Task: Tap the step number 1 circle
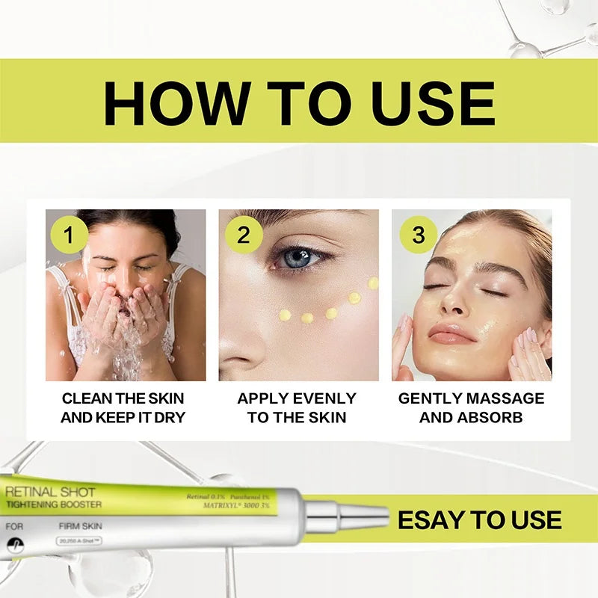click(69, 235)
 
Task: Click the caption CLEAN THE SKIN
click(123, 398)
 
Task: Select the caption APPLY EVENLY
click(297, 398)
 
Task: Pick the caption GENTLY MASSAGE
click(471, 398)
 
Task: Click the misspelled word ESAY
click(434, 520)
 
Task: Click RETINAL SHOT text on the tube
click(50, 493)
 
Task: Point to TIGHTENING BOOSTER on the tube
click(54, 505)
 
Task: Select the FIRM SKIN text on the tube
click(80, 526)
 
